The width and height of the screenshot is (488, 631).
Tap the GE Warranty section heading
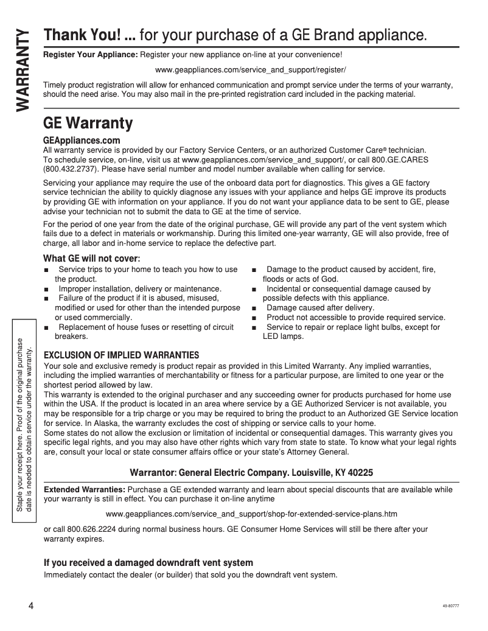(x=88, y=124)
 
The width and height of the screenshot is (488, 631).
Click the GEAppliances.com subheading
(x=82, y=141)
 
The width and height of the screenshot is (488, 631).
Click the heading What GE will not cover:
(x=92, y=259)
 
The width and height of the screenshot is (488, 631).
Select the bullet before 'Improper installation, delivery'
(x=46, y=289)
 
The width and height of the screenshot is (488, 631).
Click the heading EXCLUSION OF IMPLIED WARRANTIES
(x=122, y=355)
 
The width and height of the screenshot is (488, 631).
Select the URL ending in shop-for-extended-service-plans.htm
(x=251, y=514)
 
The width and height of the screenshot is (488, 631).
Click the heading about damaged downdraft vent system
(x=148, y=563)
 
